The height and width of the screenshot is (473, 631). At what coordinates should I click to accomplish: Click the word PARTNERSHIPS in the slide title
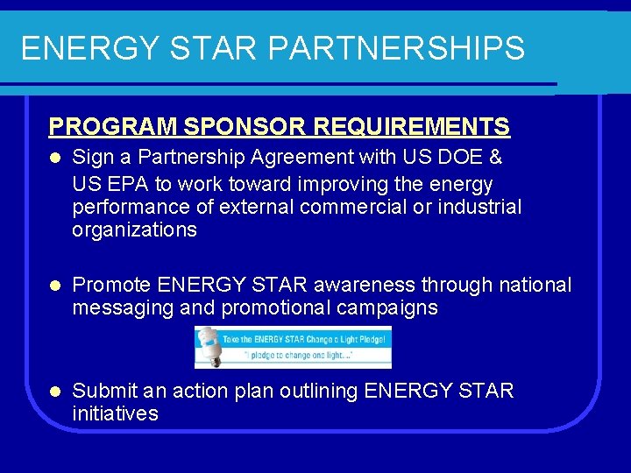tap(396, 48)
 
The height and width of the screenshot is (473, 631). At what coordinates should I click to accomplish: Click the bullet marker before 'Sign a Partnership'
tap(54, 158)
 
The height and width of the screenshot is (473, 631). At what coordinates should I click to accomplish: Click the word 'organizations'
tap(134, 230)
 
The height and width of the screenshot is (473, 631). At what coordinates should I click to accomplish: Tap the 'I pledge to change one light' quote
tap(303, 358)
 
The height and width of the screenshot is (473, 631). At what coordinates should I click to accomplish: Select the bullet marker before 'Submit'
tap(54, 392)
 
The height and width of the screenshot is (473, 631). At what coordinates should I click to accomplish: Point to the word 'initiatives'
tap(115, 413)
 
